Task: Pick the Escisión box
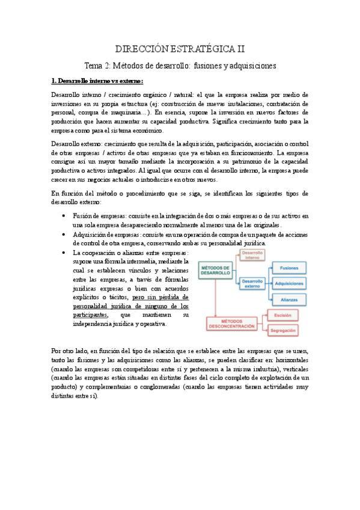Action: coord(282,315)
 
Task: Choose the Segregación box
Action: coord(282,331)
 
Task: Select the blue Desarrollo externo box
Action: coord(254,283)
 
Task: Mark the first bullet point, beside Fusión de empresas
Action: coord(64,216)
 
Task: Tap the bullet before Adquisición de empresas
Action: coord(64,235)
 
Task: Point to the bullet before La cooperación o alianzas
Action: coord(64,253)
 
